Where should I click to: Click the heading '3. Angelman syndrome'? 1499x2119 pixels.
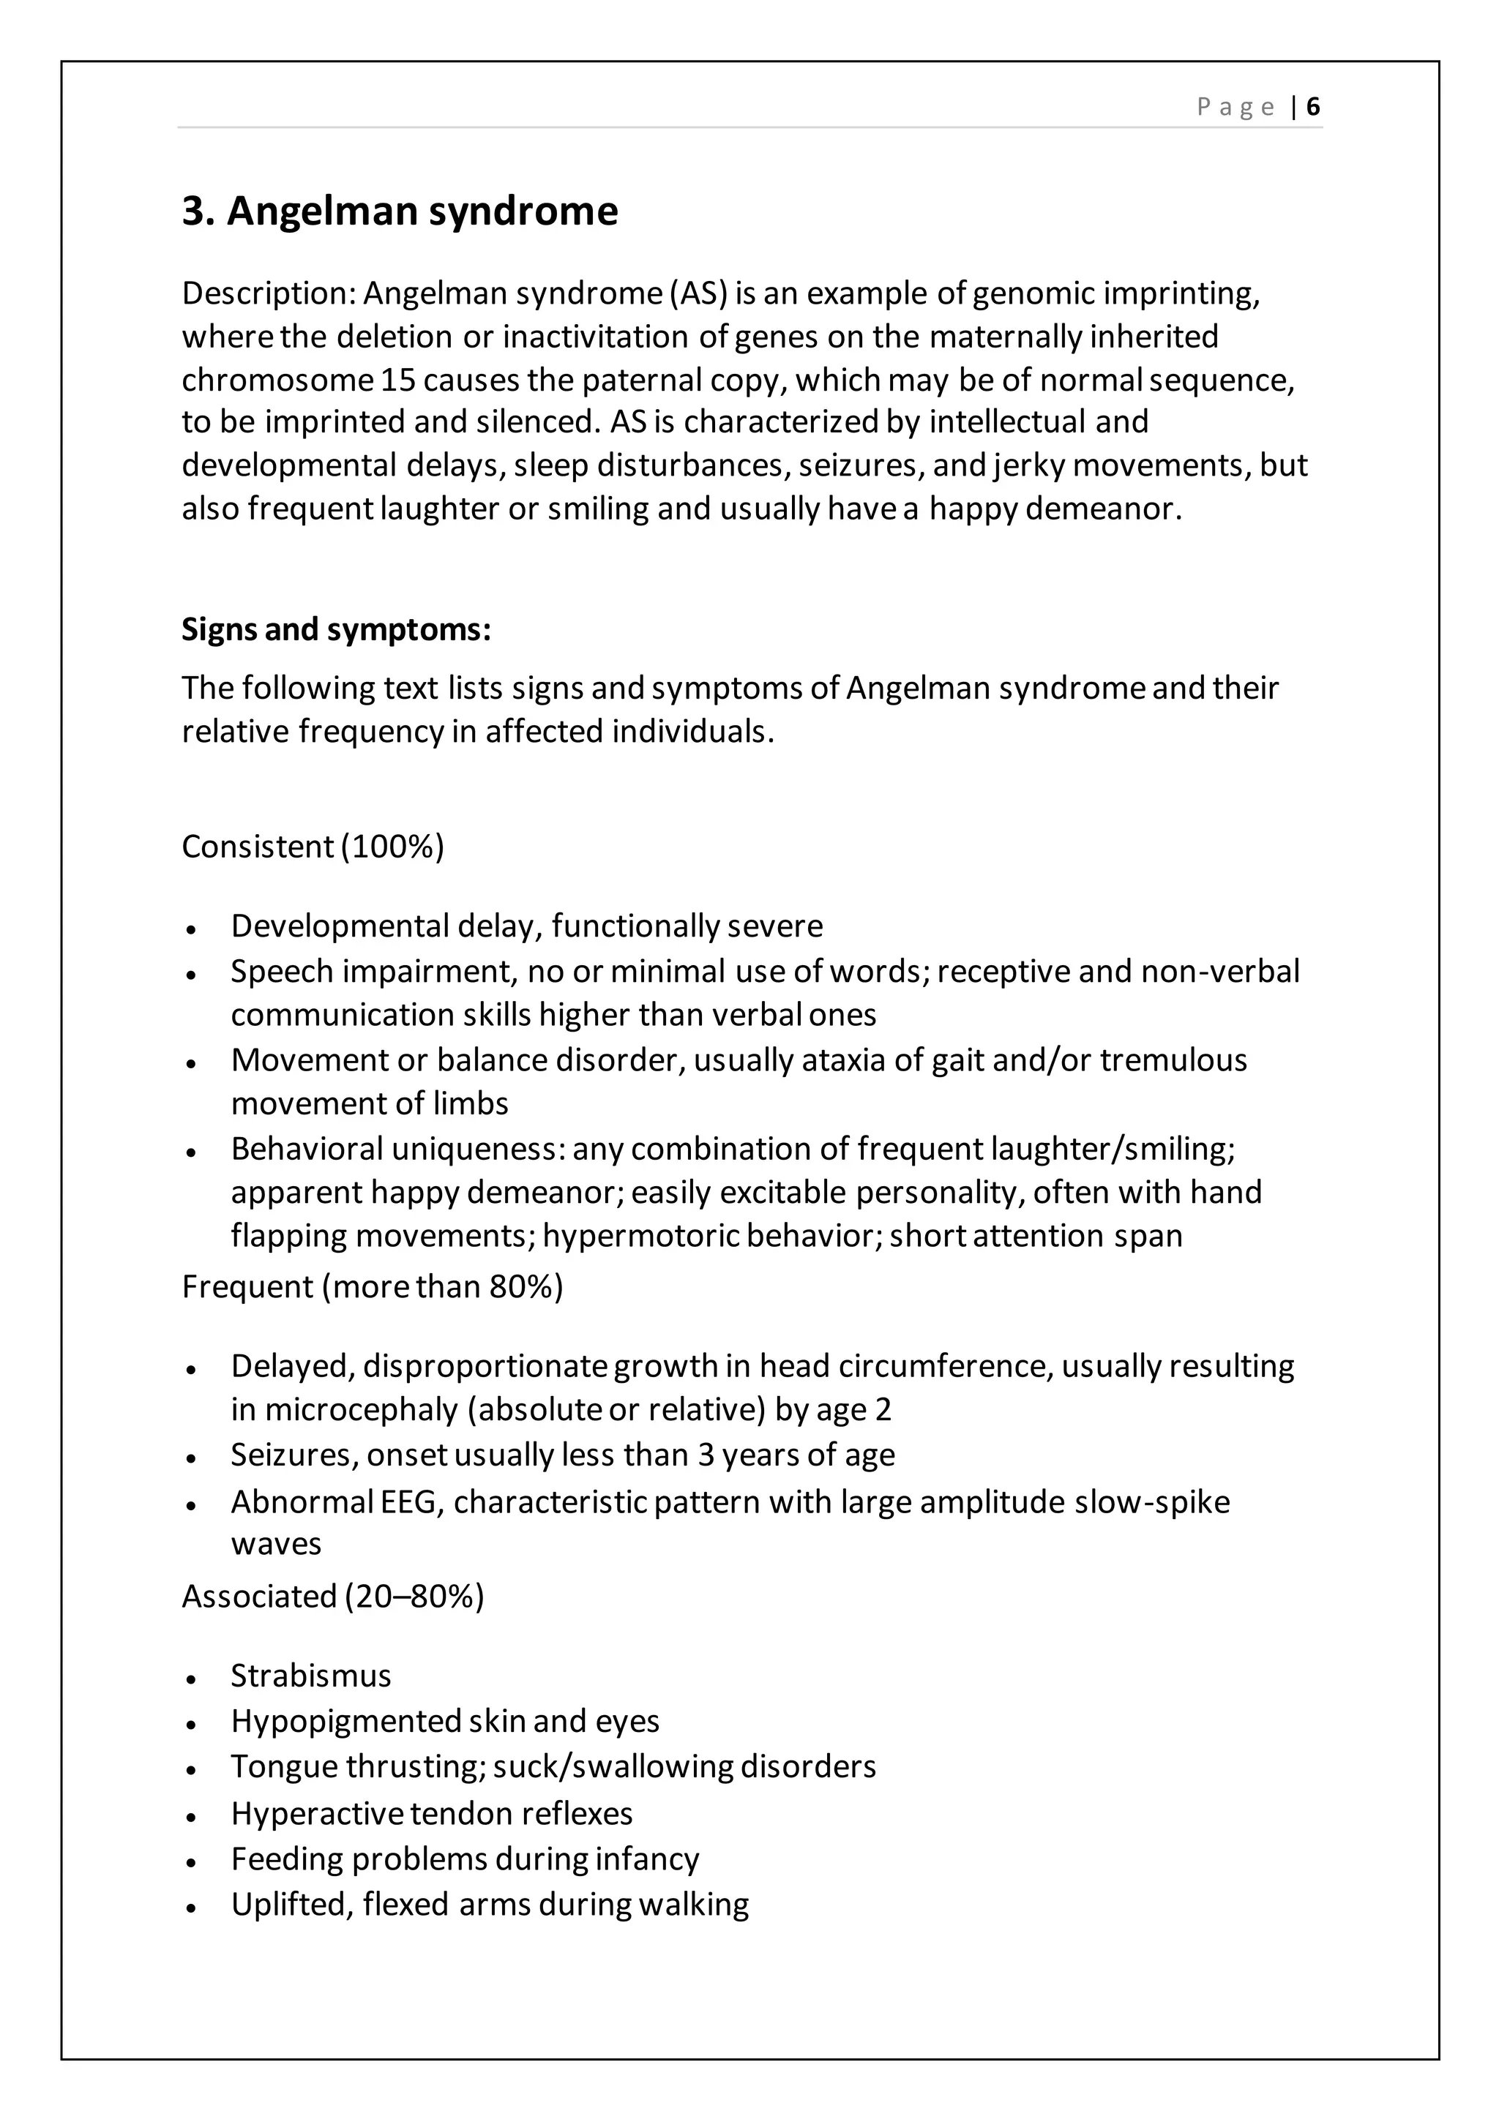(400, 211)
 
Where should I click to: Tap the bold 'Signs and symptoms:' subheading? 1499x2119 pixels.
(336, 629)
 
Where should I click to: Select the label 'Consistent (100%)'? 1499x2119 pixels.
(313, 847)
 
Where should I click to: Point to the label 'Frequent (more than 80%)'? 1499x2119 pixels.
(372, 1286)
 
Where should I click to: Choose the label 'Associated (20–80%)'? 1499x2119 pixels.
(332, 1597)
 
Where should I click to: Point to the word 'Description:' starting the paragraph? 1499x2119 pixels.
(269, 293)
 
